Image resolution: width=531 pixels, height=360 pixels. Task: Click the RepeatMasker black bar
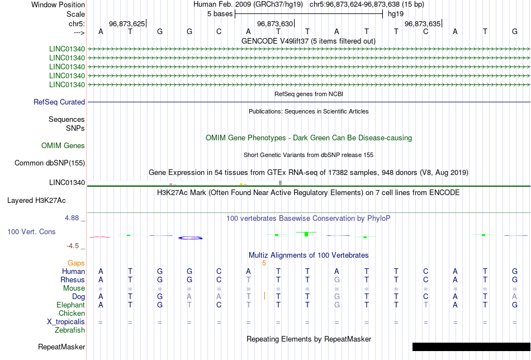[471, 347]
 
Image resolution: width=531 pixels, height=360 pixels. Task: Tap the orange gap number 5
[264, 263]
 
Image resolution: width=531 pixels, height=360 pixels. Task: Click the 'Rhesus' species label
[73, 280]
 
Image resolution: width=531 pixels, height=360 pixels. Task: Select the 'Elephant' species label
[70, 305]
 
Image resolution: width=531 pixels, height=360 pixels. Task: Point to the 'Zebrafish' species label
[70, 330]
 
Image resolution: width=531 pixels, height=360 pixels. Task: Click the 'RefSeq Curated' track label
[59, 102]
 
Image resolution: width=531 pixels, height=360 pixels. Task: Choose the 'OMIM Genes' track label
[63, 146]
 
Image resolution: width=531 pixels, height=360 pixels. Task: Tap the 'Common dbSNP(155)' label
[50, 163]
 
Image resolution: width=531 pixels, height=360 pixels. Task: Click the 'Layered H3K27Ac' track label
[36, 201]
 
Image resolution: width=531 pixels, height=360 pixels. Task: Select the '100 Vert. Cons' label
[31, 231]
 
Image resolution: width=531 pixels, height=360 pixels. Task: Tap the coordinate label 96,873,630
[274, 23]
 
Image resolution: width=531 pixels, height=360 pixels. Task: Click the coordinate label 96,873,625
[127, 23]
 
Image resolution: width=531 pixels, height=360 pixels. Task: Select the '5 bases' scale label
[220, 14]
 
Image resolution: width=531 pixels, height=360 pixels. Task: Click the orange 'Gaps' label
[76, 263]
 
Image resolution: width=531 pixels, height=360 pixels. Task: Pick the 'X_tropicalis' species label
[66, 322]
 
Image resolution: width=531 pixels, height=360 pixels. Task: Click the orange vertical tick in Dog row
[264, 296]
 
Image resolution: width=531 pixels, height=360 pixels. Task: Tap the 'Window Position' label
[58, 4]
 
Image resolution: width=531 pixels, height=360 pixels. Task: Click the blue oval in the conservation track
[190, 238]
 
